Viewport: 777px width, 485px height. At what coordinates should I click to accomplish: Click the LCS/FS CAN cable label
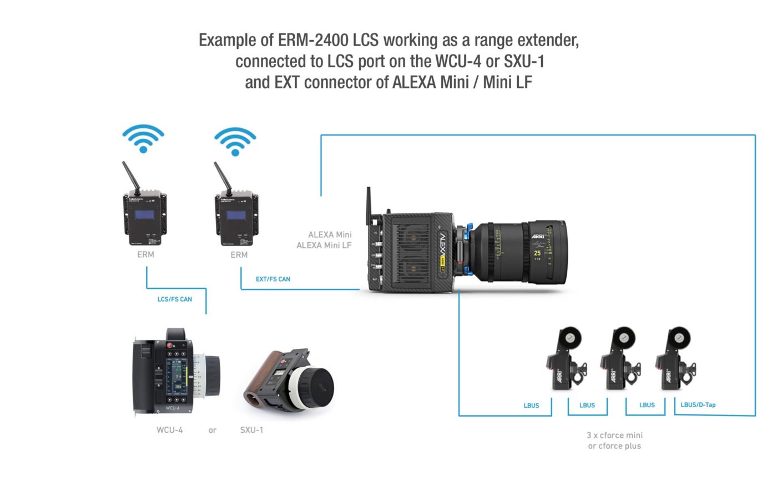[174, 299]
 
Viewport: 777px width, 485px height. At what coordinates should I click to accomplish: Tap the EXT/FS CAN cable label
[273, 279]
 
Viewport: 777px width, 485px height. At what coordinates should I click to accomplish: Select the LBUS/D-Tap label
[698, 404]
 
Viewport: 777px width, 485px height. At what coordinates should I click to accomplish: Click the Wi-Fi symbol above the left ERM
[143, 138]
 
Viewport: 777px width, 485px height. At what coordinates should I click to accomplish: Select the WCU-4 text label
[169, 430]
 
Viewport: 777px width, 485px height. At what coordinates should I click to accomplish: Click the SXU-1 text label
[251, 430]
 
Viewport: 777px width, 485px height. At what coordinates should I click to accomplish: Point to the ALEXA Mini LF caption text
[324, 245]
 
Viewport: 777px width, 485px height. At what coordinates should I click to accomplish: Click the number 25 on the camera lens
[537, 253]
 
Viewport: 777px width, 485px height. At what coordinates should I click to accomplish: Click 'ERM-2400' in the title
[314, 40]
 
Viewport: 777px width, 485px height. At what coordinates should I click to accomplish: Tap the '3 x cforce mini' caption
[614, 435]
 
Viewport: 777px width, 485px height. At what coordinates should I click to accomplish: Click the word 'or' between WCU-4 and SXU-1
[213, 430]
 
